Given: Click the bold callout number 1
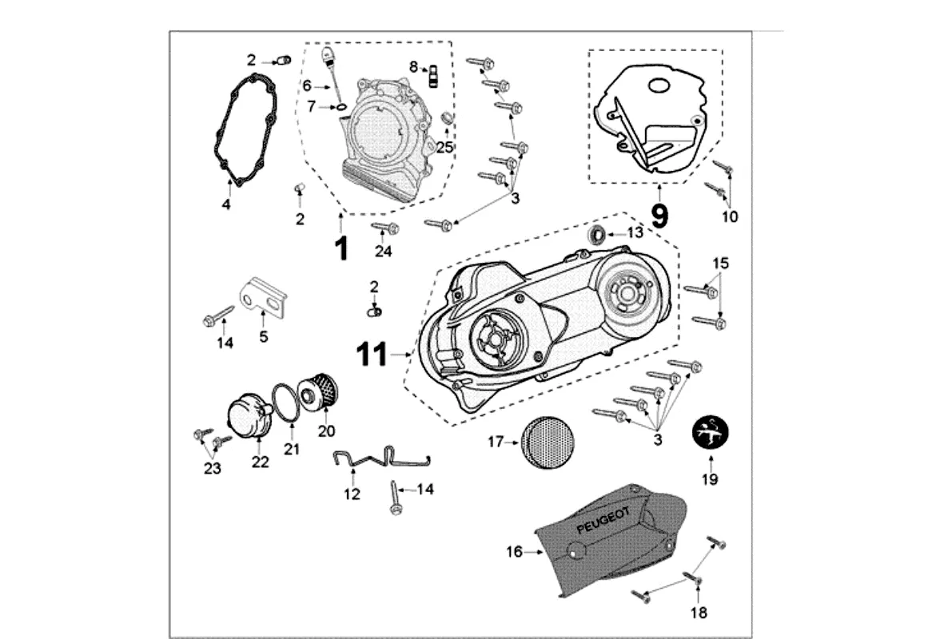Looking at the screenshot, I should [x=341, y=248].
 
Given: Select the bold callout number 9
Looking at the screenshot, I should [x=659, y=216].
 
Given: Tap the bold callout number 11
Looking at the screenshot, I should [x=372, y=353].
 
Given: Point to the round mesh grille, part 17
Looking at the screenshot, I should [x=548, y=441].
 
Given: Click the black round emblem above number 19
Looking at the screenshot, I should [x=710, y=435].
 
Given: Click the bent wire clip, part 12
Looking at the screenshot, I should [x=380, y=459].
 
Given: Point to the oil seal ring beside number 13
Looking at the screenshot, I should [x=596, y=235].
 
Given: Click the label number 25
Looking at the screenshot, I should [x=444, y=147].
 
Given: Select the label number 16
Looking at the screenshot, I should [x=514, y=551].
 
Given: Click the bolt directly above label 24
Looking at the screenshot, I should [x=386, y=229].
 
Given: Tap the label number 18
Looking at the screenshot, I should [x=699, y=613].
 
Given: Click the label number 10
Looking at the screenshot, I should [x=731, y=216].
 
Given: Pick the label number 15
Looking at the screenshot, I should [x=721, y=263].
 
